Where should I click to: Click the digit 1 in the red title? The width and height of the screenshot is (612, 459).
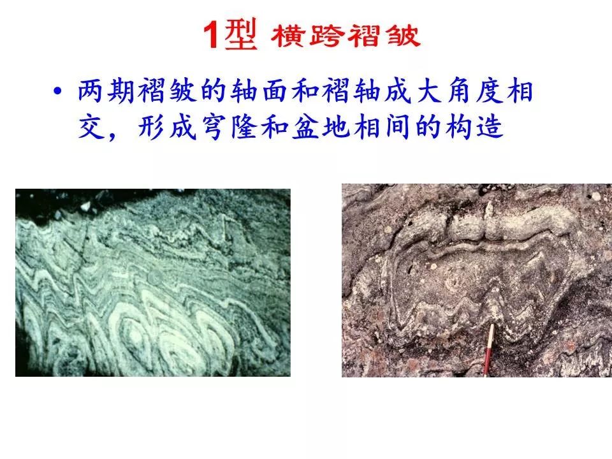point(211,34)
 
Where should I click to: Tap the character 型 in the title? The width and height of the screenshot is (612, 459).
point(241,34)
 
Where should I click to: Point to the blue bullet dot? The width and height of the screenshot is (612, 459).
point(58,91)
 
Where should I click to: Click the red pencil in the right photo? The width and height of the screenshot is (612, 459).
point(488,350)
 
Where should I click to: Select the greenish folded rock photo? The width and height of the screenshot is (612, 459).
point(153,282)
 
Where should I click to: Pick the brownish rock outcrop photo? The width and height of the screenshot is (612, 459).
point(477,280)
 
